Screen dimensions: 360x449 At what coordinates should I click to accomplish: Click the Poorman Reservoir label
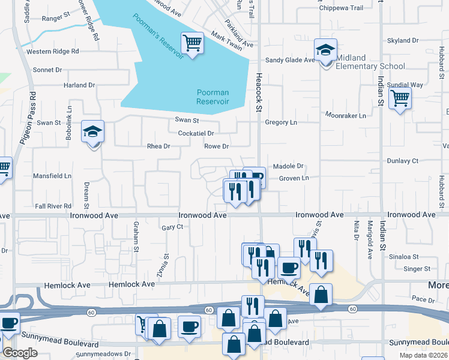[x=213, y=97]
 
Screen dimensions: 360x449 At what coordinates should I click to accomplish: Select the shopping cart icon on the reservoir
[x=193, y=43]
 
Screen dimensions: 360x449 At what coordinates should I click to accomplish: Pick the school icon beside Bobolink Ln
[x=92, y=131]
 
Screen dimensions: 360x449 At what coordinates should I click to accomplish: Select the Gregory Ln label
[x=281, y=122]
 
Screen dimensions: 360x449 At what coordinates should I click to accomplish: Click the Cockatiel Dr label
[x=196, y=133]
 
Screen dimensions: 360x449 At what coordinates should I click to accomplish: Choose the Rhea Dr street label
[x=159, y=146]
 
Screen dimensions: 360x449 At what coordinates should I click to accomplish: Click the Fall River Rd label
[x=53, y=206]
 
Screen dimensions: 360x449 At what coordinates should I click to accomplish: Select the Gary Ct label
[x=172, y=227]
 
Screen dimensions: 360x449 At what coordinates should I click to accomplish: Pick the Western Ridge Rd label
[x=53, y=52]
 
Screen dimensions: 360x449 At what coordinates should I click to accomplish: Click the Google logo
[x=20, y=353]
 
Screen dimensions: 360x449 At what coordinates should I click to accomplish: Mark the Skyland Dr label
[x=403, y=41]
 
